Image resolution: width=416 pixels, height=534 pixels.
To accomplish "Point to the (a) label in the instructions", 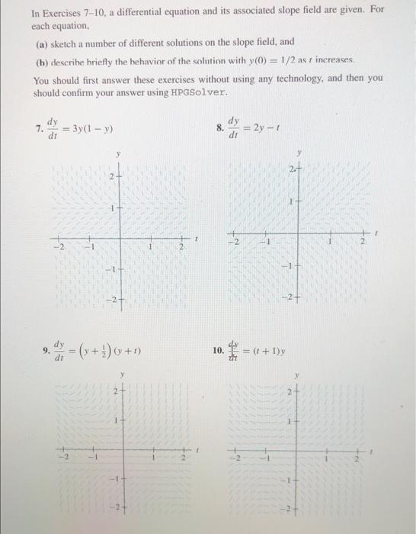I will pyautogui.click(x=49, y=40).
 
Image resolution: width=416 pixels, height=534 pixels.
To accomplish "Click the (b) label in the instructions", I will pyautogui.click(x=49, y=61).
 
